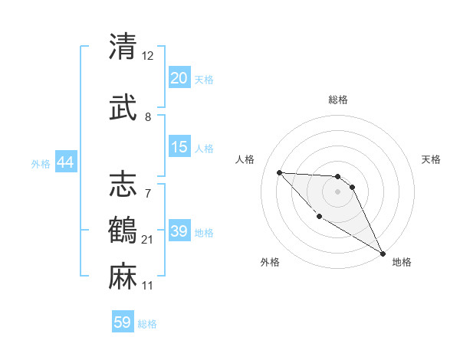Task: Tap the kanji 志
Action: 123,182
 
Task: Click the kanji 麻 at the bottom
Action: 123,276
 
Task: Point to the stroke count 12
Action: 148,56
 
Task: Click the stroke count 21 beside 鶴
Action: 148,240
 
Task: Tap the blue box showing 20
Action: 179,78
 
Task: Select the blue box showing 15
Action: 179,147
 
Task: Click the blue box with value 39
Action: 179,231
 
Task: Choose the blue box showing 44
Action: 65,162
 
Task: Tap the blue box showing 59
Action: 123,322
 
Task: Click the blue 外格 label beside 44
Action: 41,163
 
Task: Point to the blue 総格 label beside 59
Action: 147,324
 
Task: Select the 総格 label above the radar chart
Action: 337,100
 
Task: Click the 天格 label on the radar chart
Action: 431,159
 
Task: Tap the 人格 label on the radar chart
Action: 245,159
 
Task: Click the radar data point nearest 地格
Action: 383,254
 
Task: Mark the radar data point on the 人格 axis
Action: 279,172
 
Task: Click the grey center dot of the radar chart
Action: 337,191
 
